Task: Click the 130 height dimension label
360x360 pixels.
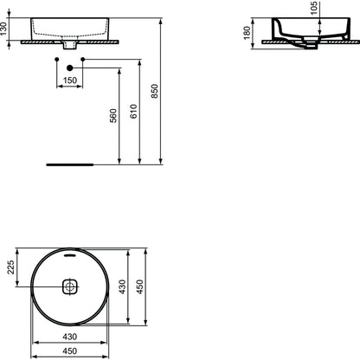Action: point(3,29)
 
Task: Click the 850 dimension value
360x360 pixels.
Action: point(155,91)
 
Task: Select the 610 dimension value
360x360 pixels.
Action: point(133,112)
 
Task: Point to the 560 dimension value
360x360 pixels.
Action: point(113,116)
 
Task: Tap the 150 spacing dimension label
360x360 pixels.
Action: point(70,80)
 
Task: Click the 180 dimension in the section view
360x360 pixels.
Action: point(247,33)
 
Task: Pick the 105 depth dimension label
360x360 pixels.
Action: point(314,8)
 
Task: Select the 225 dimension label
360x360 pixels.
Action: point(10,267)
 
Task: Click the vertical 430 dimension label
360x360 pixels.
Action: point(123,286)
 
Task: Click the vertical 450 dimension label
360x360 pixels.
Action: point(140,286)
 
